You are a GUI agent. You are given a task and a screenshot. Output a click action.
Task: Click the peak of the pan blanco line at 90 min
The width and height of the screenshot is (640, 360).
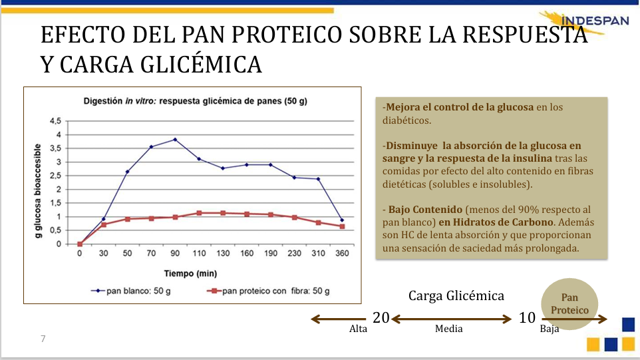(x=175, y=140)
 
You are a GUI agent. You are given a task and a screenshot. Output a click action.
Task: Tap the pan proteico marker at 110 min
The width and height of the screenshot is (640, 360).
(x=199, y=213)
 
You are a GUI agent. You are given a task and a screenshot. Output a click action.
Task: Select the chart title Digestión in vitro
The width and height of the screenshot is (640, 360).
(x=195, y=101)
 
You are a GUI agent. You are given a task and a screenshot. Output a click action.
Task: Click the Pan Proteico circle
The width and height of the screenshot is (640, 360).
(x=570, y=305)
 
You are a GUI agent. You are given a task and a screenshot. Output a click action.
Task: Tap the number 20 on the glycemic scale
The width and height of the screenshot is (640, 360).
(x=381, y=318)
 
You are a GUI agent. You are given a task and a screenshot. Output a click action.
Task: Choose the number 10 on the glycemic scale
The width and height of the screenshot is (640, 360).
(x=527, y=318)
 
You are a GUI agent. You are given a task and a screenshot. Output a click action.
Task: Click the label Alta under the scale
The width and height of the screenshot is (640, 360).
(x=359, y=329)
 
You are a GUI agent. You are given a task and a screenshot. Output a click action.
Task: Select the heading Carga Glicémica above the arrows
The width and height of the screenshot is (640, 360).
(x=456, y=295)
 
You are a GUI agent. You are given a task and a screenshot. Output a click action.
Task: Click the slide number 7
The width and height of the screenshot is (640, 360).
(x=43, y=339)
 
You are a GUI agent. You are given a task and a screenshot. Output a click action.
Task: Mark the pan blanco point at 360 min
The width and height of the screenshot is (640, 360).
(x=342, y=220)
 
